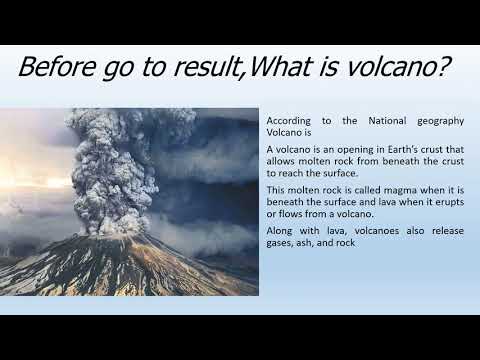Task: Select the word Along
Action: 281,230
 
